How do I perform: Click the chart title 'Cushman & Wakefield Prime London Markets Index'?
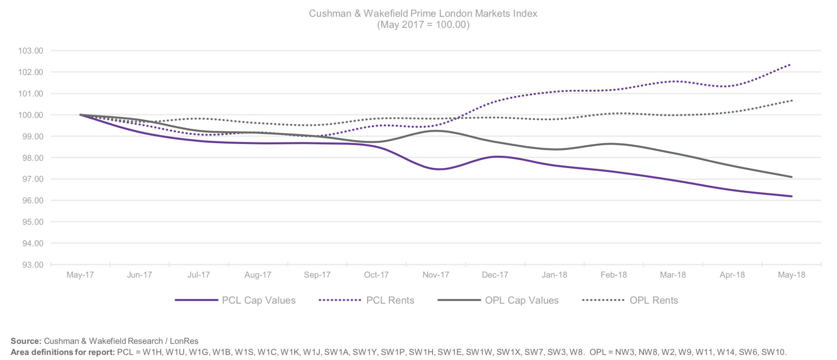tap(423, 13)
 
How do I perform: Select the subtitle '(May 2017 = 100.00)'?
tap(423, 25)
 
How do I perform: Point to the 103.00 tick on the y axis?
tap(31, 51)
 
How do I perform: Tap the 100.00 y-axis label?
tap(31, 115)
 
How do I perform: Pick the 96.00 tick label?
tap(31, 201)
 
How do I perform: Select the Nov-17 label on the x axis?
tap(436, 275)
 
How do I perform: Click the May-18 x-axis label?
tap(791, 275)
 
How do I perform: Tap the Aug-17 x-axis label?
tap(258, 275)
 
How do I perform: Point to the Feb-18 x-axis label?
tap(613, 275)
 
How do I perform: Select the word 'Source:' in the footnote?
tap(26, 341)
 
